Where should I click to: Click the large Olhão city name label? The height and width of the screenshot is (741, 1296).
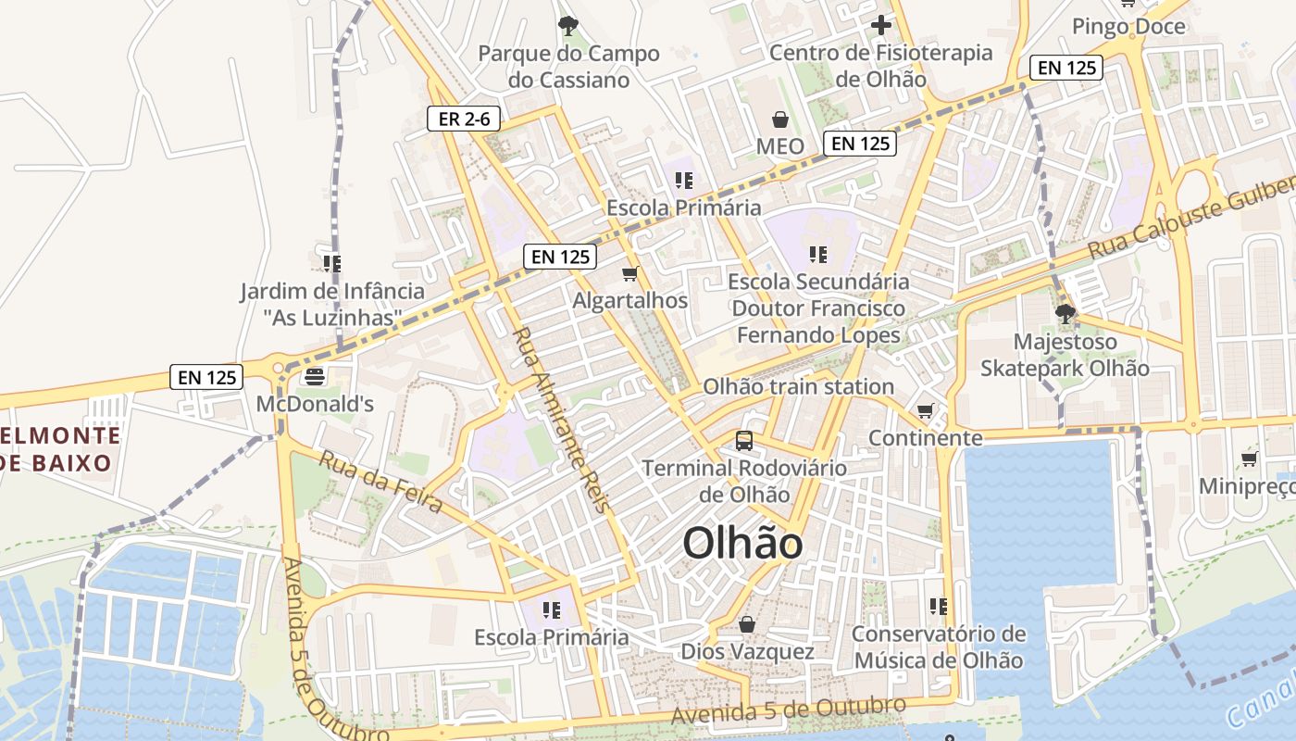[x=742, y=544]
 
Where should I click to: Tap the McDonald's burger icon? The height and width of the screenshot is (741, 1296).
[x=315, y=377]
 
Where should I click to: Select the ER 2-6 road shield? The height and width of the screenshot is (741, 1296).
[x=464, y=119]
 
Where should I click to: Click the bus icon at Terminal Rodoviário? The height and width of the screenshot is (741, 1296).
[x=744, y=441]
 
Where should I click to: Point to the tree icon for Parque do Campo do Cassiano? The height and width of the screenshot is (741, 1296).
[x=567, y=26]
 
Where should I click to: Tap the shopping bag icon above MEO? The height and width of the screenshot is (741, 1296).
[x=780, y=119]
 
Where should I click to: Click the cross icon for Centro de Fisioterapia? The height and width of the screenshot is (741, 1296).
[x=880, y=25]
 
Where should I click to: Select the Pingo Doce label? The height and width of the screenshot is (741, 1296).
[x=1128, y=26]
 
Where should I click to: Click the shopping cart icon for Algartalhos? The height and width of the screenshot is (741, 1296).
[x=630, y=273]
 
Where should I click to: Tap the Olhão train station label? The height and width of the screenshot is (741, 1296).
[x=798, y=386]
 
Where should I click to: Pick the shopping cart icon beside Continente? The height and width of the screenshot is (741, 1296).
[x=925, y=410]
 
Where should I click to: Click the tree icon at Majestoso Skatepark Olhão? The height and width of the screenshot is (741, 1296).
[x=1065, y=313]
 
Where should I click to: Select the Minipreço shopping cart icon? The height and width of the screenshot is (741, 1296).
[x=1249, y=458]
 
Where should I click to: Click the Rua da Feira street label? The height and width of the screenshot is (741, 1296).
[x=381, y=481]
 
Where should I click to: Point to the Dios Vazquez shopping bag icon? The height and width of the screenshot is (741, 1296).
[x=747, y=624]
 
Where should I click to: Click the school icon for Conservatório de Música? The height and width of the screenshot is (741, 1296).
[x=939, y=607]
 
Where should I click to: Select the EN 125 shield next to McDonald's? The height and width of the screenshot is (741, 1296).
[x=207, y=377]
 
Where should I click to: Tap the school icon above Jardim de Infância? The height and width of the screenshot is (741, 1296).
[x=332, y=264]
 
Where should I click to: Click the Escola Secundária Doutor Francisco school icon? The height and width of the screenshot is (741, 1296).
[x=817, y=254]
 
